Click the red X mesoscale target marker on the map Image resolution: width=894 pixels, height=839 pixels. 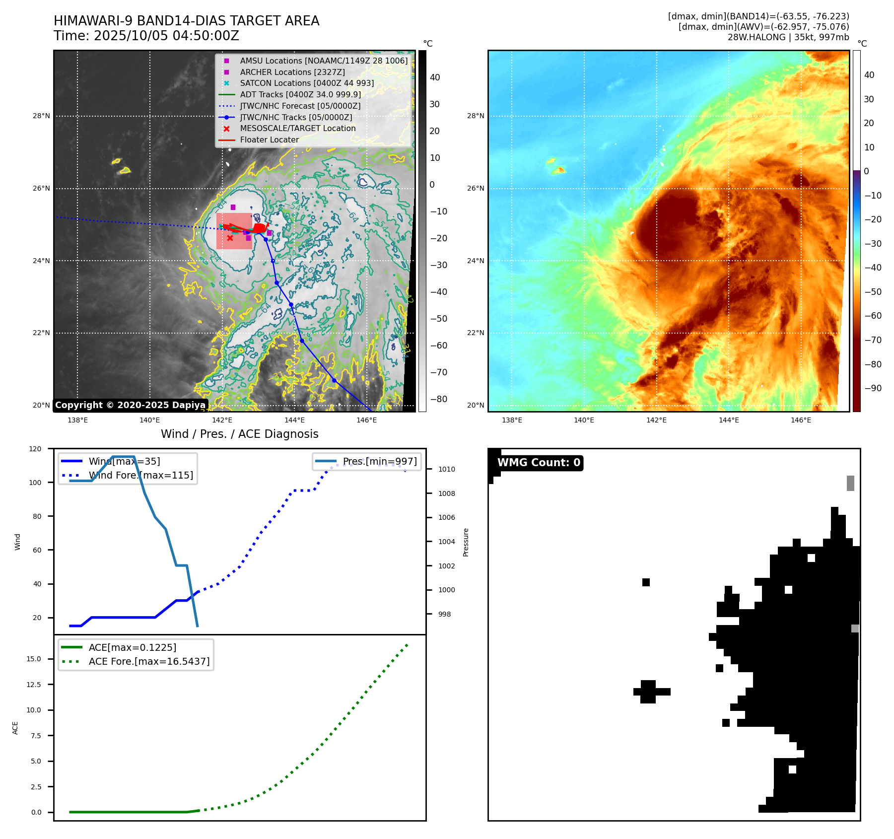point(230,238)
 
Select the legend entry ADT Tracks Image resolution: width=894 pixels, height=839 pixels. point(300,94)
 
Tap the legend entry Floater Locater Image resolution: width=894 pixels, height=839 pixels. point(269,140)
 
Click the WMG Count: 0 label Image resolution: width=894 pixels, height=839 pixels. point(539,463)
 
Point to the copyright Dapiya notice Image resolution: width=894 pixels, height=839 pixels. point(130,405)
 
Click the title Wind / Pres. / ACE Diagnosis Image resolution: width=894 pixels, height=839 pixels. point(239,434)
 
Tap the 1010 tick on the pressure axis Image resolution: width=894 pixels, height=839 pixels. point(446,469)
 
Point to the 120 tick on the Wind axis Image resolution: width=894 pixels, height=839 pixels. point(36,449)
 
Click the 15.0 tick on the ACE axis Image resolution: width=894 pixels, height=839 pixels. point(34,659)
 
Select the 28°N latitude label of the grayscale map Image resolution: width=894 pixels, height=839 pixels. point(42,116)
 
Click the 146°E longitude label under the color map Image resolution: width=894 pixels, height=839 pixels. point(801,420)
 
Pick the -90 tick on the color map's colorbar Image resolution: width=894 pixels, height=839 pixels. point(873,388)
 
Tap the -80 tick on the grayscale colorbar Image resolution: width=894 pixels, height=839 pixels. point(438,399)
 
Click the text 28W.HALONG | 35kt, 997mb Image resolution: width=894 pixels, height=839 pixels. point(788,37)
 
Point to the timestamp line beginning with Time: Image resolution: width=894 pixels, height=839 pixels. point(146,36)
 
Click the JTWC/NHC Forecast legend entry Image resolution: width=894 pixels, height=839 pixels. point(300,106)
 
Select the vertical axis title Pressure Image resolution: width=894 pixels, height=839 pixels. point(466,542)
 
